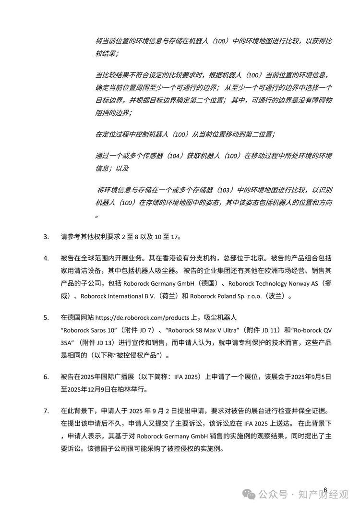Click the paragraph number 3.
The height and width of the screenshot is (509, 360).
pyautogui.click(x=46, y=237)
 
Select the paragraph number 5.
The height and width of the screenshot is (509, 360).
pyautogui.click(x=46, y=317)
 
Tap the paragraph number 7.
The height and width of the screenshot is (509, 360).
pyautogui.click(x=46, y=412)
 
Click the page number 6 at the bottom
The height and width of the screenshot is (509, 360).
pyautogui.click(x=325, y=490)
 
